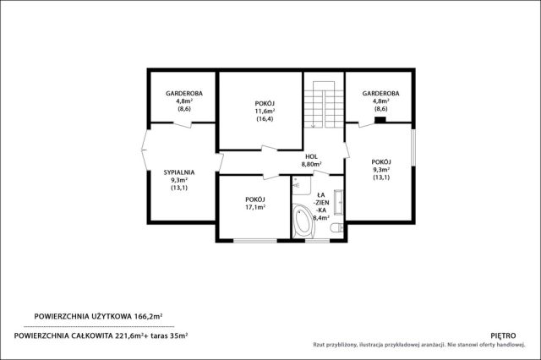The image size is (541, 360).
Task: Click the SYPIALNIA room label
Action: [178, 172]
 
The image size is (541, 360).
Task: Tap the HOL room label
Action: [311, 156]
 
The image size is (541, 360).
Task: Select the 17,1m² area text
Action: [255, 207]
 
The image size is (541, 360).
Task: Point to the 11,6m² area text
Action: [265, 111]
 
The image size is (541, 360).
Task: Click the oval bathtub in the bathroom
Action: [303, 220]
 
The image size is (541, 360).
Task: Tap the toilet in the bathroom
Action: [336, 227]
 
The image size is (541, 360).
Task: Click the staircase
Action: [323, 104]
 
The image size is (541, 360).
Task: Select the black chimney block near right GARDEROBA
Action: [380, 120]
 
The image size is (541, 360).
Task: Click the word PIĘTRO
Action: [503, 335]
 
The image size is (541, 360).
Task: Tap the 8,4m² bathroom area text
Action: [321, 217]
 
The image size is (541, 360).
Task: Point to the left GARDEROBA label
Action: [184, 94]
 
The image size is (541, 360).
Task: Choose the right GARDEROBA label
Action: [380, 94]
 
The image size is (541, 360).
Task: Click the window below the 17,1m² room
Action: [255, 240]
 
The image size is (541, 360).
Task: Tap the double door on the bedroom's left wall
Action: [145, 150]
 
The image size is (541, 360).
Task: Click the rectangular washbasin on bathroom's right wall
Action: [338, 202]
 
